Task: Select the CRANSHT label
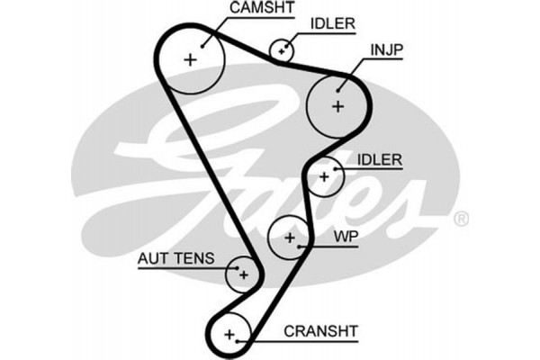pos(320,331)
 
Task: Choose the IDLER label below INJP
pos(379,159)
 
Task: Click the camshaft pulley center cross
pos(190,59)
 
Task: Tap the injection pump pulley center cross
pos(337,105)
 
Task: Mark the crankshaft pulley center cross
pos(229,335)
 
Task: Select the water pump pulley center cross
pos(290,238)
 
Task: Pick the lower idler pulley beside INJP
pos(325,175)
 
